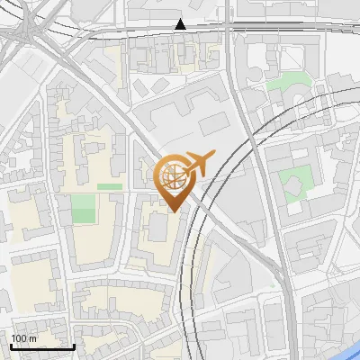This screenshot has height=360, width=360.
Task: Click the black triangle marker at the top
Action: (x=180, y=24)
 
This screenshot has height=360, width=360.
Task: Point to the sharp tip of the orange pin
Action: (x=171, y=211)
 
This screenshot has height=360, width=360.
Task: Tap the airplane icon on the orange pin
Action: (x=198, y=164)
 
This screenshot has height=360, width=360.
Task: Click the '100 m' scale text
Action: (x=23, y=339)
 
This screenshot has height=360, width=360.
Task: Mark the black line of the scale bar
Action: (x=42, y=346)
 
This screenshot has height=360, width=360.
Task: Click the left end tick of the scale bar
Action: (x=11, y=345)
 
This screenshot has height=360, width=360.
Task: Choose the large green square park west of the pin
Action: (x=83, y=209)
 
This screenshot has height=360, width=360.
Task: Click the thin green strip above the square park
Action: (x=109, y=186)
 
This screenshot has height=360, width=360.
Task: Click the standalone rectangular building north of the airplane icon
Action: (x=213, y=124)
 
